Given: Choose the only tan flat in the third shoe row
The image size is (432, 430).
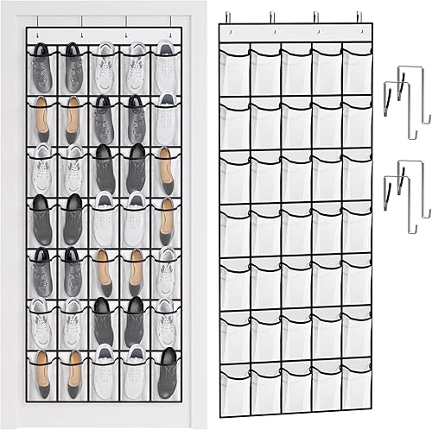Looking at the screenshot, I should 166,169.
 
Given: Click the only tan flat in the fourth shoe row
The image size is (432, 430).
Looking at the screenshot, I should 166,220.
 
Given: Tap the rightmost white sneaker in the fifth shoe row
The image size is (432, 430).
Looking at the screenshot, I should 166,272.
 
